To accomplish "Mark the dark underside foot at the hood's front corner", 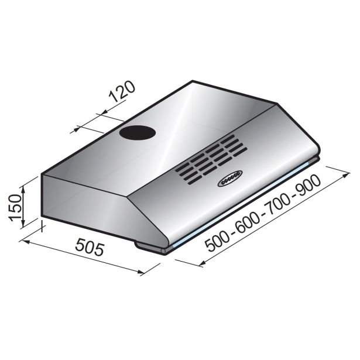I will click(149, 247).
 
